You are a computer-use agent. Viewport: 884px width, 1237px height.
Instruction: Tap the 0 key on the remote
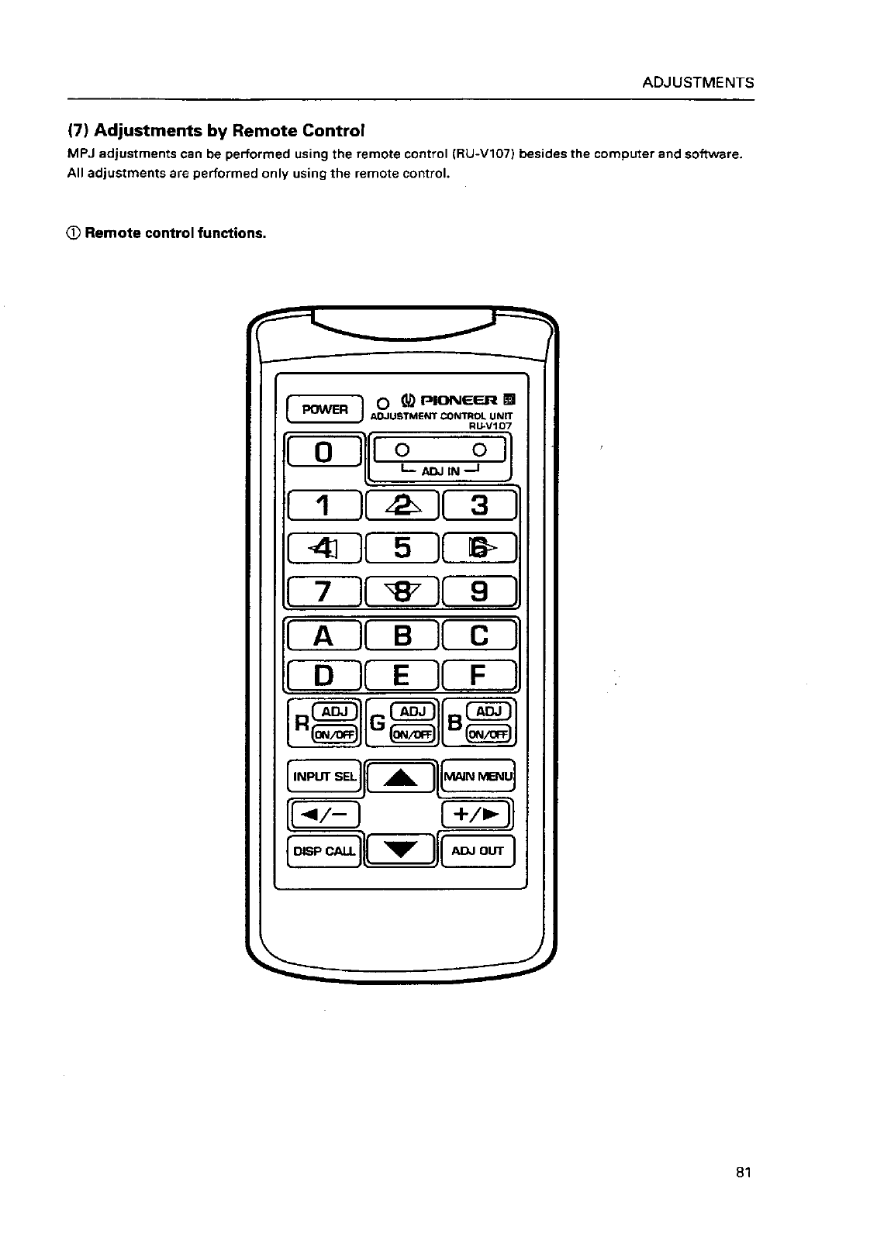(x=324, y=451)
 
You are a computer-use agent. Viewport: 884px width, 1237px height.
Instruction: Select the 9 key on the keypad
(x=479, y=594)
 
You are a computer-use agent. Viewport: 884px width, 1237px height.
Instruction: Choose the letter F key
(x=479, y=675)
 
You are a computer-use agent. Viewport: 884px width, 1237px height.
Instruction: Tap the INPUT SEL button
(x=324, y=776)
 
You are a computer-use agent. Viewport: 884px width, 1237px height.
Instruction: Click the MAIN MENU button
(x=478, y=776)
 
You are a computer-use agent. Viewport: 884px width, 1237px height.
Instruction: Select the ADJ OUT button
(x=478, y=851)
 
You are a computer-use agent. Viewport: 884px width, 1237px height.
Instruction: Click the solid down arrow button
(x=402, y=850)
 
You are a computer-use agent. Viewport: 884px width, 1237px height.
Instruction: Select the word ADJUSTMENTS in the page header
(x=698, y=83)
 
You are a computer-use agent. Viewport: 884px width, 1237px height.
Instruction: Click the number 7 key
(x=324, y=594)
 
